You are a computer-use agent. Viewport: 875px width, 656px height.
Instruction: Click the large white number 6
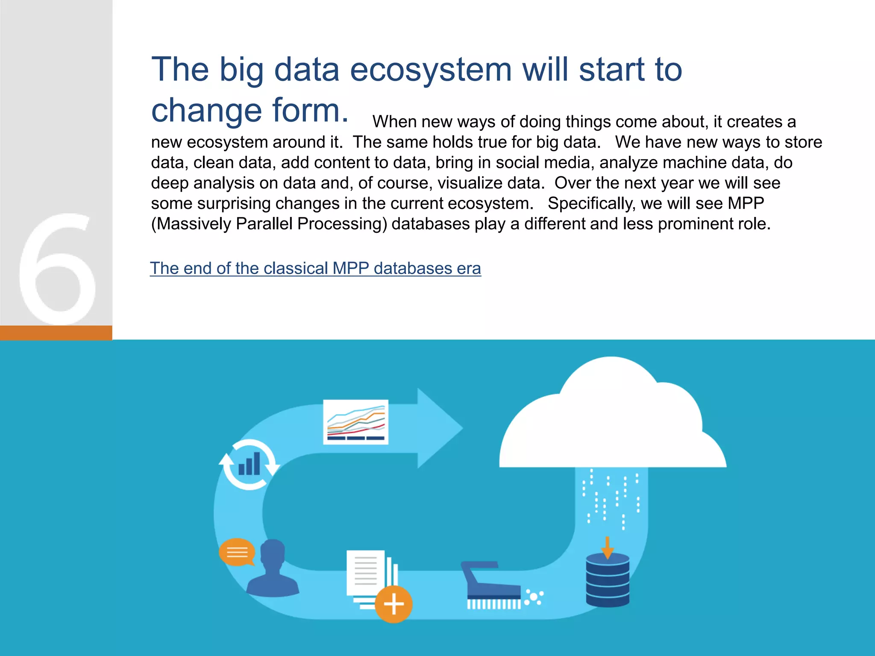(58, 269)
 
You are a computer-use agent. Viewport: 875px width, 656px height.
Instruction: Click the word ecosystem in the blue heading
(431, 70)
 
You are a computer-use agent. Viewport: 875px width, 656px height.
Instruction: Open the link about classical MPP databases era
(315, 268)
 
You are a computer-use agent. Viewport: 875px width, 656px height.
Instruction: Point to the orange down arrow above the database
(607, 548)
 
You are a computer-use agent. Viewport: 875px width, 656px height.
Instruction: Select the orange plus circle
(393, 604)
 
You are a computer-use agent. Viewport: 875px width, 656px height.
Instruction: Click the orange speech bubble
(236, 552)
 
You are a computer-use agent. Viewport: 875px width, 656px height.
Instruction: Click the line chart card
(355, 422)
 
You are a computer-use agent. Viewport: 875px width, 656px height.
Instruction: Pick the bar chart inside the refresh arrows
(249, 464)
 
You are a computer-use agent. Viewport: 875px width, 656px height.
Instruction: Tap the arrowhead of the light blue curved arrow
(440, 428)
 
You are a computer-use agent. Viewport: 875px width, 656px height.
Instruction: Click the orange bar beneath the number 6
(56, 332)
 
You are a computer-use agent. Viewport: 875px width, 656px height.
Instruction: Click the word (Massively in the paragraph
(191, 224)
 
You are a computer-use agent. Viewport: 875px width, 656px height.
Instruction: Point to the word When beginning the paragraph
(394, 122)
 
